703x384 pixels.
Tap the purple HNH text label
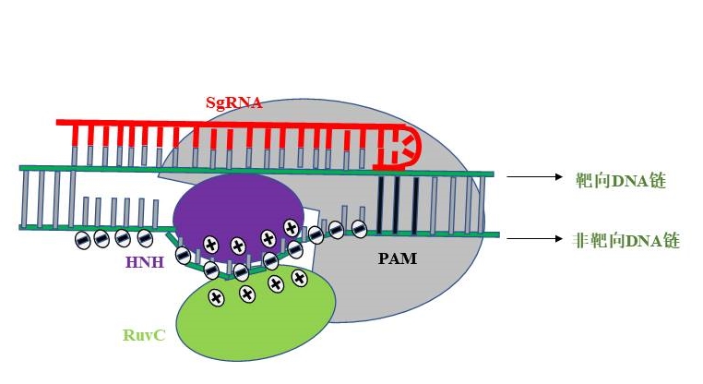(144, 263)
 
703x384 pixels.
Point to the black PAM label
(398, 259)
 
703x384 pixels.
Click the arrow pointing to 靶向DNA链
(534, 176)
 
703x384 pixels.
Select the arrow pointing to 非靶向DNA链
(534, 238)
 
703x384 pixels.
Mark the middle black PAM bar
(398, 204)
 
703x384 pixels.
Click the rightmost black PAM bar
(416, 204)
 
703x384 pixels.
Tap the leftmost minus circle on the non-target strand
(82, 240)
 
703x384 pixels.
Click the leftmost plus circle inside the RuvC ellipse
(216, 297)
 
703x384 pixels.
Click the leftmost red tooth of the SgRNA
(75, 137)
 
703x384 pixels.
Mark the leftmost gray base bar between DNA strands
(25, 198)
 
